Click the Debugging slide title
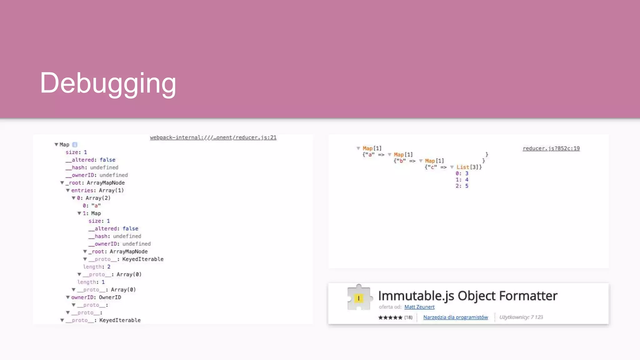pos(108,83)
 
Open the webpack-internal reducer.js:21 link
pos(213,137)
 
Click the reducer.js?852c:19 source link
pos(551,148)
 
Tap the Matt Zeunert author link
pos(419,307)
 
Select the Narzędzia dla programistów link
pos(455,317)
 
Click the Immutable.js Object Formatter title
pos(467,296)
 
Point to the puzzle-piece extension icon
pos(359,297)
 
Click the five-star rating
pos(390,317)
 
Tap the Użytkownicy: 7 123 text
pos(521,317)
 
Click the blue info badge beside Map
pos(75,145)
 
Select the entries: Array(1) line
pos(97,190)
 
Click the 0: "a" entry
pos(92,206)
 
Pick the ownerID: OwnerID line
pos(96,297)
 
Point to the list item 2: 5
pos(462,186)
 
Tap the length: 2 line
pos(97,267)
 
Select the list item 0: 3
pos(462,173)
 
